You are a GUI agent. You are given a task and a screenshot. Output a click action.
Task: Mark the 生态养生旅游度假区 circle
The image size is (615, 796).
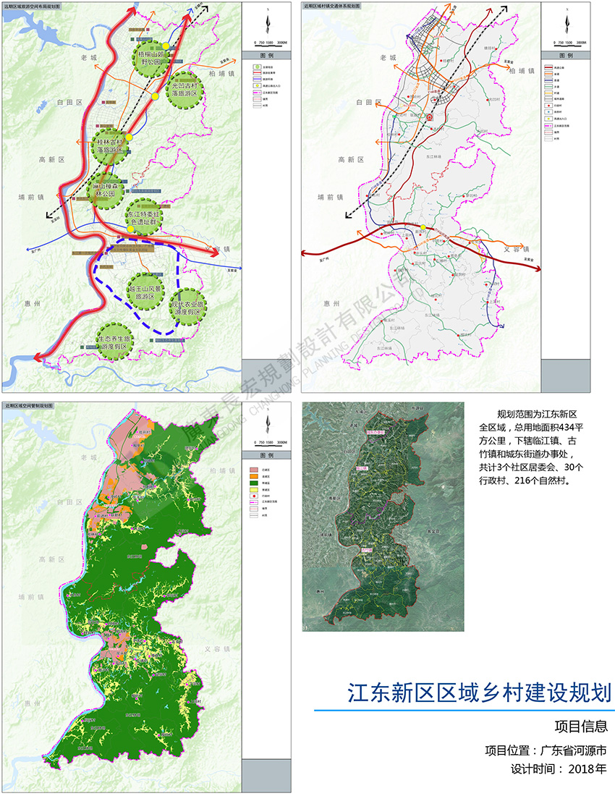[x=116, y=339]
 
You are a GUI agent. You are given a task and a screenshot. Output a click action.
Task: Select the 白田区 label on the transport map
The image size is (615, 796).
[x=369, y=104]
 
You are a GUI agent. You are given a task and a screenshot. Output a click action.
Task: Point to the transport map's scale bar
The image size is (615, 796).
[x=566, y=42]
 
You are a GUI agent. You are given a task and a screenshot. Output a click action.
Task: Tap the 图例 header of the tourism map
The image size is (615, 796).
[x=267, y=56]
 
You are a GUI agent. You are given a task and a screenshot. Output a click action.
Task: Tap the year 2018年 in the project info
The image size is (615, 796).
[x=588, y=768]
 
